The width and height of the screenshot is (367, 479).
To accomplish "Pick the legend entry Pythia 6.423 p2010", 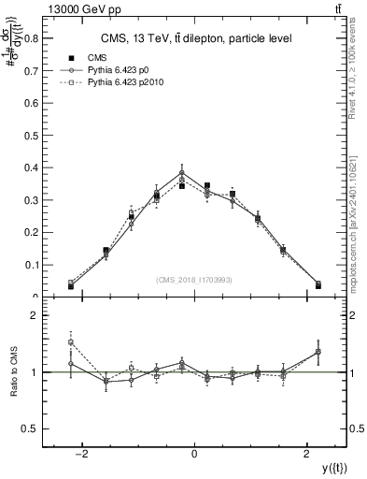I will [121, 82].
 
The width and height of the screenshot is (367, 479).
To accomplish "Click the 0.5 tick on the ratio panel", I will [31, 428].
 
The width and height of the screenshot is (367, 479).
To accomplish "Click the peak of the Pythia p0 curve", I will [182, 172].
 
